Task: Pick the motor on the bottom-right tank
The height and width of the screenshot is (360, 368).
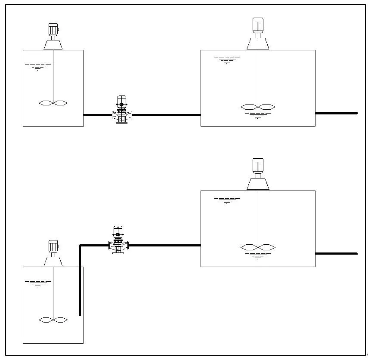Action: click(x=258, y=166)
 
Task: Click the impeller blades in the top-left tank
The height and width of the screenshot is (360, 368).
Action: click(x=53, y=103)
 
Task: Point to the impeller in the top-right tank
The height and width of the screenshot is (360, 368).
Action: click(x=258, y=106)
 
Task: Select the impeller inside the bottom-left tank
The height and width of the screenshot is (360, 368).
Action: click(x=53, y=320)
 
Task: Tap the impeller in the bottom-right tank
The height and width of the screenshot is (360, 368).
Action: click(x=258, y=247)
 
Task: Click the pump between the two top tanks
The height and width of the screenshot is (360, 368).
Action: click(x=122, y=111)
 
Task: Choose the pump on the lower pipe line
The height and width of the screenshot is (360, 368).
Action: click(x=118, y=240)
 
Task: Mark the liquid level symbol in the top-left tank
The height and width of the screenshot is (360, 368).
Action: click(x=38, y=67)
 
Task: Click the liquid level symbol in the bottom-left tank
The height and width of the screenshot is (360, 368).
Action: click(x=38, y=283)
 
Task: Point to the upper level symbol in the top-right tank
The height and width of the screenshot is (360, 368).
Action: click(x=227, y=60)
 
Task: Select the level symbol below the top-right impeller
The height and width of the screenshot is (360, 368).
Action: click(x=257, y=115)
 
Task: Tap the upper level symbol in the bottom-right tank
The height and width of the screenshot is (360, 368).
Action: click(x=227, y=200)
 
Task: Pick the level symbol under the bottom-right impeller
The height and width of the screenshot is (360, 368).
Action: click(x=257, y=255)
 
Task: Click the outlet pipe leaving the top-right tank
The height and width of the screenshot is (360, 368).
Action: click(x=336, y=113)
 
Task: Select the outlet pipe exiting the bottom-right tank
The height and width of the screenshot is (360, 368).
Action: click(x=336, y=253)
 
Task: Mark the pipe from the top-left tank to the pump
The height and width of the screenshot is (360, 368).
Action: click(x=97, y=115)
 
